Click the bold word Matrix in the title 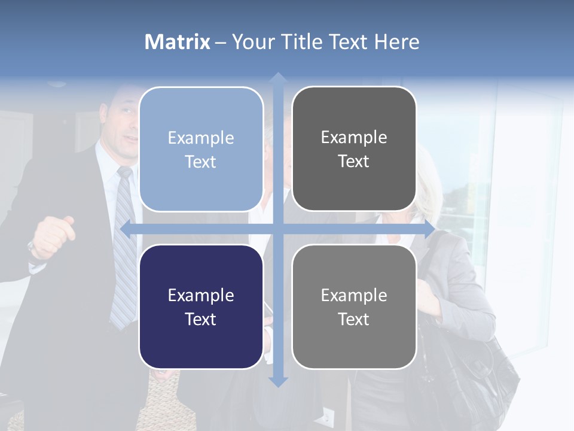(178, 42)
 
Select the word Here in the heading (396, 42)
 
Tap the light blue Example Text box (201, 149)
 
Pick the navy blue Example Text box (201, 306)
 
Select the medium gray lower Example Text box (354, 306)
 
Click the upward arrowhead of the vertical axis (277, 78)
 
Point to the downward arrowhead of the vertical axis (277, 381)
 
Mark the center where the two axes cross (277, 229)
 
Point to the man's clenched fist (51, 236)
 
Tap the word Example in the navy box (201, 295)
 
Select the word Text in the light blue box (201, 162)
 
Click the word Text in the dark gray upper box (354, 161)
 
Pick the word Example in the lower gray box (354, 295)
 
